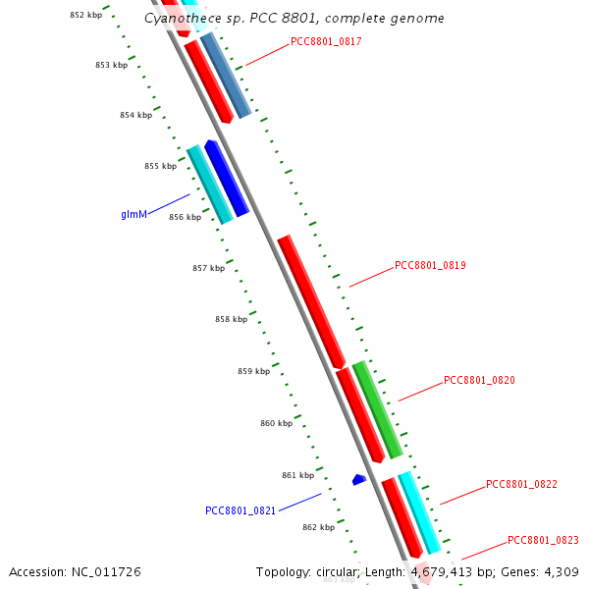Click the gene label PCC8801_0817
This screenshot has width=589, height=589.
tap(326, 42)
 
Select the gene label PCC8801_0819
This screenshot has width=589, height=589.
tap(430, 265)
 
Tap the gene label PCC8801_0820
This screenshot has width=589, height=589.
tap(479, 380)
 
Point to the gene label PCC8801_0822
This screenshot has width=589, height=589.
tap(521, 484)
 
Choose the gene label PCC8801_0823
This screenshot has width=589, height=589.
tap(543, 540)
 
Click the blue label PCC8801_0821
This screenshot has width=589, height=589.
tap(241, 510)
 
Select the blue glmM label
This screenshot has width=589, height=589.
tap(134, 213)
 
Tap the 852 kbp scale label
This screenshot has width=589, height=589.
tap(85, 15)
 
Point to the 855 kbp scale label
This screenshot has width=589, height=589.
tap(160, 166)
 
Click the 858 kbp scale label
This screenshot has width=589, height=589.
tap(231, 319)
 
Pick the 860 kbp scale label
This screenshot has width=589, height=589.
tap(276, 423)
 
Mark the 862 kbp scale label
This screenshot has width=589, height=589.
tap(318, 527)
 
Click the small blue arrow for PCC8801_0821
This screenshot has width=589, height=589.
tap(359, 479)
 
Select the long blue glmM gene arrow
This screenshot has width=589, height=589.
tap(226, 178)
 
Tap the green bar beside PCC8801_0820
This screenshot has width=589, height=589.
tap(378, 410)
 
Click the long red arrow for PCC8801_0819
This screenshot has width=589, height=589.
tap(310, 300)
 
